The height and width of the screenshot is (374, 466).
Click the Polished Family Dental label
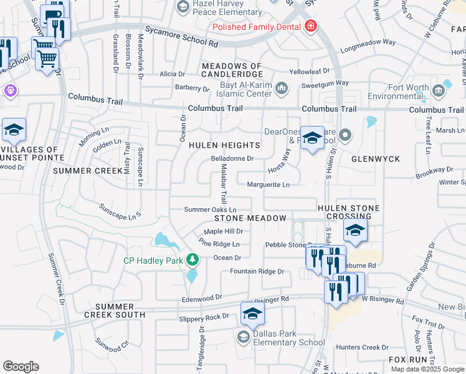[256, 27]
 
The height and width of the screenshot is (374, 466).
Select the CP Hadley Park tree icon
[193, 259]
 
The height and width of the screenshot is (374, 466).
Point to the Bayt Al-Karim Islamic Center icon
[282, 88]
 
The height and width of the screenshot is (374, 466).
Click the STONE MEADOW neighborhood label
[250, 218]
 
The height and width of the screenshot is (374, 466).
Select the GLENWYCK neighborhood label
[376, 159]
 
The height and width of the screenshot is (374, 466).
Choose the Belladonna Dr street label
[232, 158]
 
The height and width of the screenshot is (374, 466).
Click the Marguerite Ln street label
[269, 185]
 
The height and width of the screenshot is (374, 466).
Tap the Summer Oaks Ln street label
[210, 209]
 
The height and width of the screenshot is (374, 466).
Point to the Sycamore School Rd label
[181, 37]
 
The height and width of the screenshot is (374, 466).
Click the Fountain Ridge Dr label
[257, 271]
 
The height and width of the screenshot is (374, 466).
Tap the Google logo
[21, 367]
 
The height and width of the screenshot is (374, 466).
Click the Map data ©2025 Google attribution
[427, 369]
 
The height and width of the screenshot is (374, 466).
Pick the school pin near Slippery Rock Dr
[252, 315]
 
